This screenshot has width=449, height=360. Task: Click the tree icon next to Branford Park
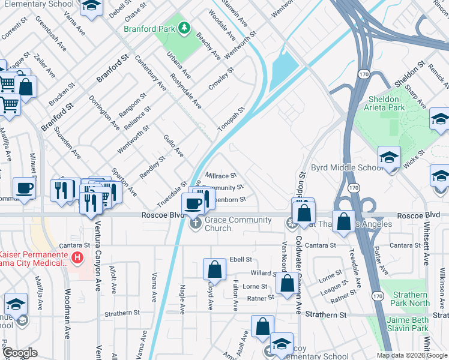point(186,28)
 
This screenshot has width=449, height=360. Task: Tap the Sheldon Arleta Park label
point(383,103)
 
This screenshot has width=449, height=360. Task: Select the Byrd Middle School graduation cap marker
point(390,158)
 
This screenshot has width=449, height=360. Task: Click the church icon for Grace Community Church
point(195,224)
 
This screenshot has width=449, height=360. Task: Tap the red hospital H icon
point(77,259)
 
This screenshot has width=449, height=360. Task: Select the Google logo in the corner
point(20,352)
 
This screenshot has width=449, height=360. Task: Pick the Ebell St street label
point(240,259)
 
